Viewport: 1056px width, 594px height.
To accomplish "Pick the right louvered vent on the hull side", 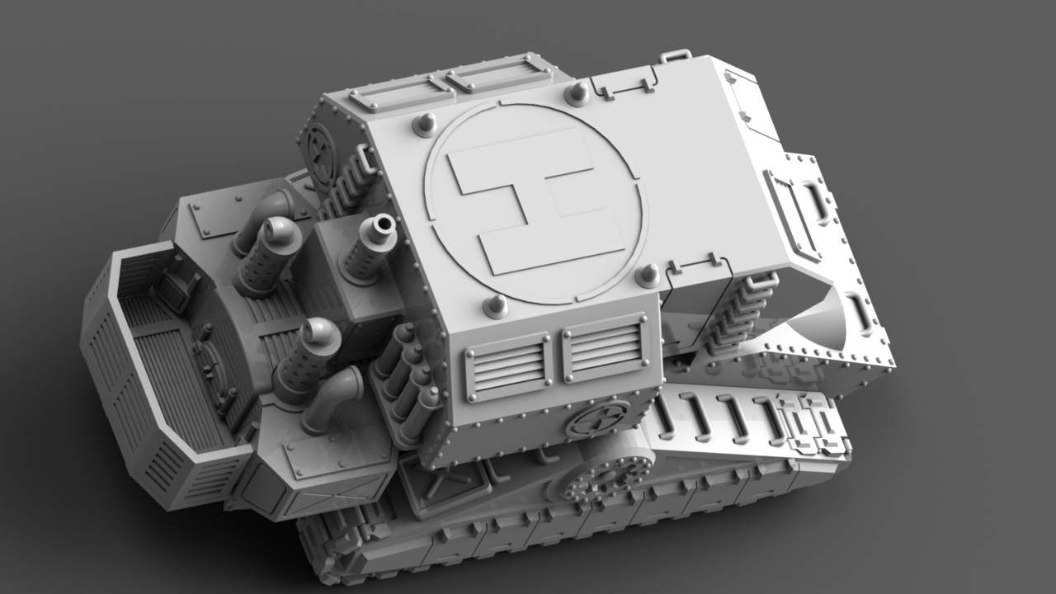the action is coord(606,347).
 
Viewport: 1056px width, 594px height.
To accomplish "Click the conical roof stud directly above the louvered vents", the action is coord(496,306).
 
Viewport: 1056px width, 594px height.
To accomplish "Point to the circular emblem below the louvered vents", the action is coord(598,418).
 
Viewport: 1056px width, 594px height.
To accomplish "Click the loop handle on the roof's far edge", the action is coord(676,56).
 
